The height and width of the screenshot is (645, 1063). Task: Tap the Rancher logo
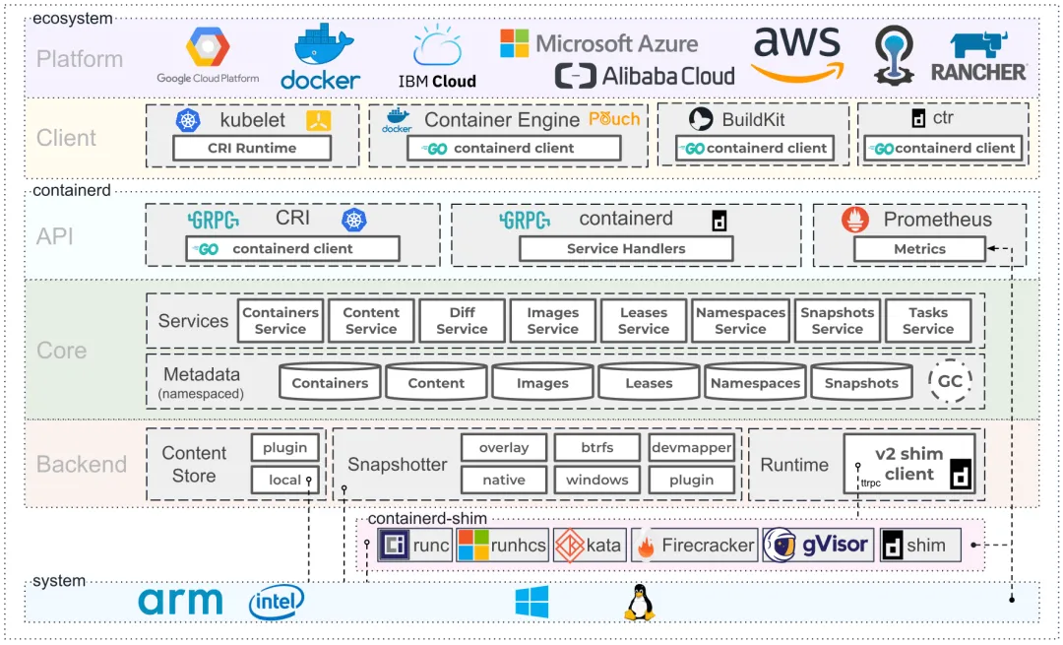coord(978,57)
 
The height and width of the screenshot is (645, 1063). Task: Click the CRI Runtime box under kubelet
coord(252,148)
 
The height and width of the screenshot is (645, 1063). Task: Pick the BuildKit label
coord(753,120)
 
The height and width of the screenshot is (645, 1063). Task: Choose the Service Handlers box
coord(626,249)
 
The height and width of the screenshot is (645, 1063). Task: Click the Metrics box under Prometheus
coord(919,249)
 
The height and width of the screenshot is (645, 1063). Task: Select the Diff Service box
coord(462,321)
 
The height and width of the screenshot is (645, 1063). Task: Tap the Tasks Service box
coord(928,321)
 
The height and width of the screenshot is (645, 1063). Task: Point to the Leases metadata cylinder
coord(649,382)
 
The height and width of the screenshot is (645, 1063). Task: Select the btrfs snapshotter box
coord(596,448)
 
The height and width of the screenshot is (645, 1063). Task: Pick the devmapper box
coord(691,448)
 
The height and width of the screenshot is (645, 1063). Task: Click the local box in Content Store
coord(285,480)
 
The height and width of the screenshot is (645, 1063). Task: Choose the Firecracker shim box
coord(695,545)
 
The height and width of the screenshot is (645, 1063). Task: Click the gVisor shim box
coord(818,545)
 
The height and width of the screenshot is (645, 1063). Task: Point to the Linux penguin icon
coord(640,602)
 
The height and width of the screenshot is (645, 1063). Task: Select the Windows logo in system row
coord(532,602)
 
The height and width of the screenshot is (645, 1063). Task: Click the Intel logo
coord(277,602)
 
